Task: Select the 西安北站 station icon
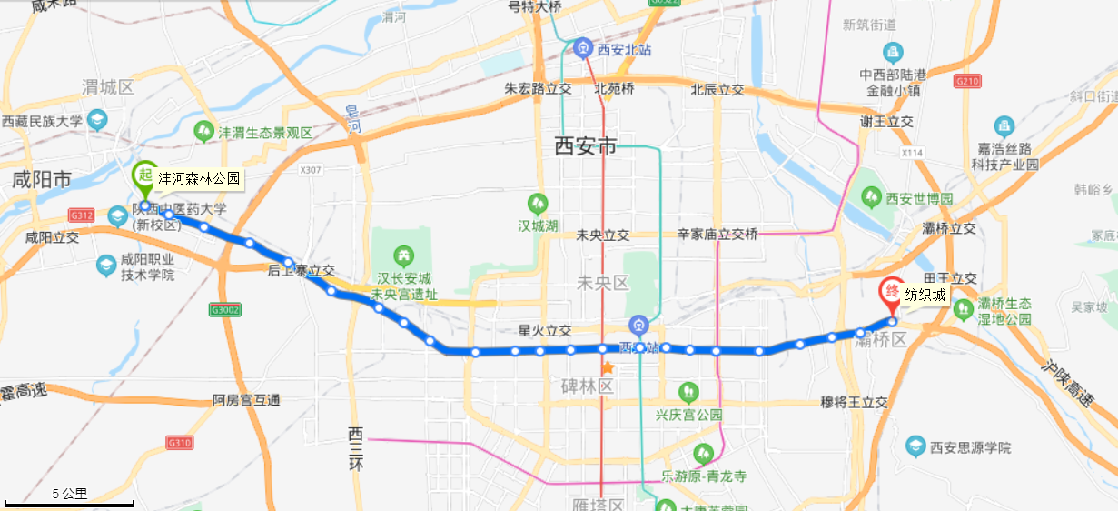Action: point(583,48)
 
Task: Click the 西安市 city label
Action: point(586,145)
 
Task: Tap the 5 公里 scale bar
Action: point(70,500)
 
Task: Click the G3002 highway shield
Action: point(226,310)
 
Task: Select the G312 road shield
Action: point(81,215)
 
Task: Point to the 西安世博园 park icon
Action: point(872,196)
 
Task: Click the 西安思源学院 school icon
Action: point(915,446)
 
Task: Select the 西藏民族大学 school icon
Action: point(97,119)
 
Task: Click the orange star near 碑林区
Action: point(608,368)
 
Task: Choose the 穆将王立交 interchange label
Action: point(853,401)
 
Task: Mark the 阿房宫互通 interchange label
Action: point(246,400)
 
